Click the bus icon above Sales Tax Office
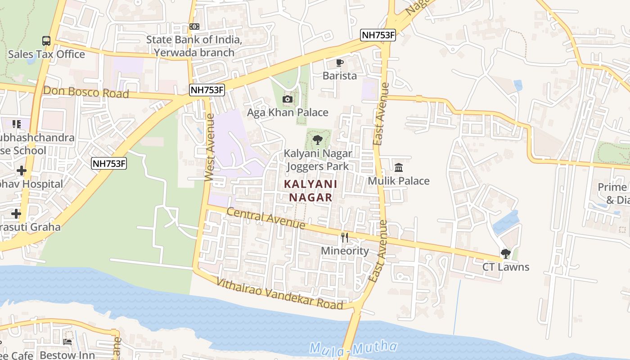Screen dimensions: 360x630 pos(46,40)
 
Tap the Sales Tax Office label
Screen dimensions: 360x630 pos(46,54)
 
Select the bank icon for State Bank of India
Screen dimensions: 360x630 pos(194,27)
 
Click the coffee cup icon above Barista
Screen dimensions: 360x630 pos(340,63)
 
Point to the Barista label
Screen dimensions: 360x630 pos(340,76)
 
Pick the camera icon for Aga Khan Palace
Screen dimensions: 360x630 pos(287,99)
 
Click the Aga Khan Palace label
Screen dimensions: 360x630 pos(288,112)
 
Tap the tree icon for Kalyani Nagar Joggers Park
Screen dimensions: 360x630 pos(318,139)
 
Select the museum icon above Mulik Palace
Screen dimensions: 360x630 pos(399,168)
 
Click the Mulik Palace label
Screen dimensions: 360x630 pos(399,181)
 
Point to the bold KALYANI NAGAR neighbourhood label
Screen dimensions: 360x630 pos(310,190)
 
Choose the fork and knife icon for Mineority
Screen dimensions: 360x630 pos(345,238)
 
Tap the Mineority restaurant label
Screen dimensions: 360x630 pos(345,251)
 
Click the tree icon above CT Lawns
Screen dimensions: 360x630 pos(506,254)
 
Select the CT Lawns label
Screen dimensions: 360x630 pos(506,267)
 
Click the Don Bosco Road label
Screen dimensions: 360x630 pos(86,92)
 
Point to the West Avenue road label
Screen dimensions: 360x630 pos(209,148)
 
